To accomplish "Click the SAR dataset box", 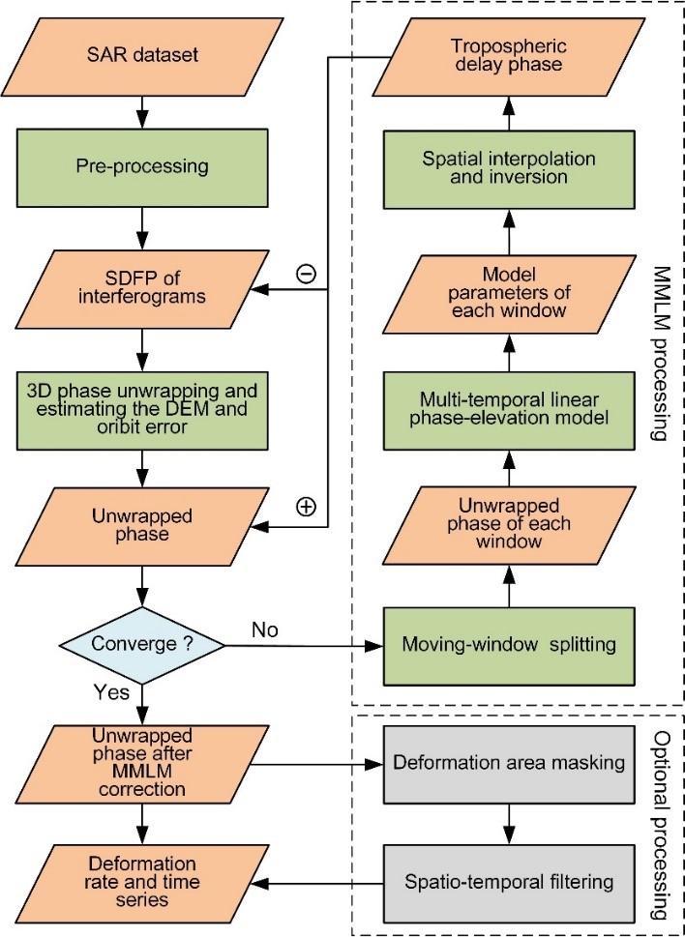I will pyautogui.click(x=143, y=54).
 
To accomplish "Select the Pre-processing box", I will pyautogui.click(x=143, y=165).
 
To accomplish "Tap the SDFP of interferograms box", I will pyautogui.click(x=143, y=281).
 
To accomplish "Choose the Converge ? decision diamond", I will pyautogui.click(x=143, y=644).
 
